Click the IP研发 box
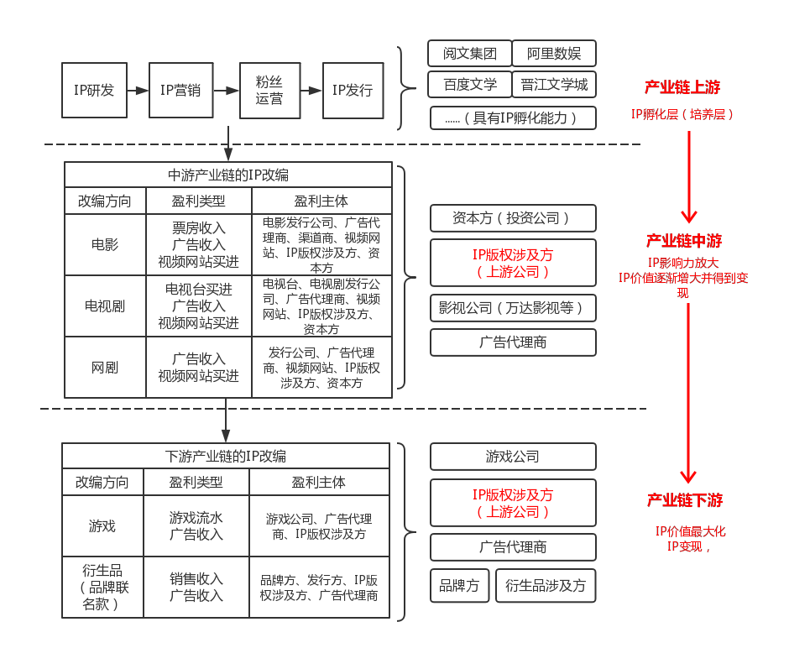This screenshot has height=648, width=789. click(x=94, y=90)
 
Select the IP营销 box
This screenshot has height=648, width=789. click(x=180, y=90)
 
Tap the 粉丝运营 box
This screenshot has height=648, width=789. click(x=269, y=90)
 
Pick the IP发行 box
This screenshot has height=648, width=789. click(x=353, y=90)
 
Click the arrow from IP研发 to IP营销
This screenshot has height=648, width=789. click(x=138, y=90)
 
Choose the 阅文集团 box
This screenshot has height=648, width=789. click(x=469, y=54)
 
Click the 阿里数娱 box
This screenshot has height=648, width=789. click(x=554, y=54)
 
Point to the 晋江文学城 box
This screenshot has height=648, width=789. click(x=554, y=85)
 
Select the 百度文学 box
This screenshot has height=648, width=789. click(x=469, y=85)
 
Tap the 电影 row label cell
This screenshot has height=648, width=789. click(x=105, y=245)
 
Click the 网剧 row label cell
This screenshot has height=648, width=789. click(x=105, y=368)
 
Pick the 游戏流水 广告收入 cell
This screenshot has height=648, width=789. click(x=196, y=526)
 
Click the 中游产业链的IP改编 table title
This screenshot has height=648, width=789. click(x=228, y=175)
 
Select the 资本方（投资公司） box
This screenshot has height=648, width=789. click(x=513, y=218)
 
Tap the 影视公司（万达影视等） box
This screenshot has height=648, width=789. click(x=513, y=308)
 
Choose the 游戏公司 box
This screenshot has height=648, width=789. click(x=513, y=457)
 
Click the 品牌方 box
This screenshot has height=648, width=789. click(x=459, y=586)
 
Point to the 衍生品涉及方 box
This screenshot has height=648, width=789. click(x=546, y=586)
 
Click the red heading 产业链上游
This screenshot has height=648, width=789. click(x=682, y=87)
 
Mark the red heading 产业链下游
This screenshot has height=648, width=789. click(x=685, y=500)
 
